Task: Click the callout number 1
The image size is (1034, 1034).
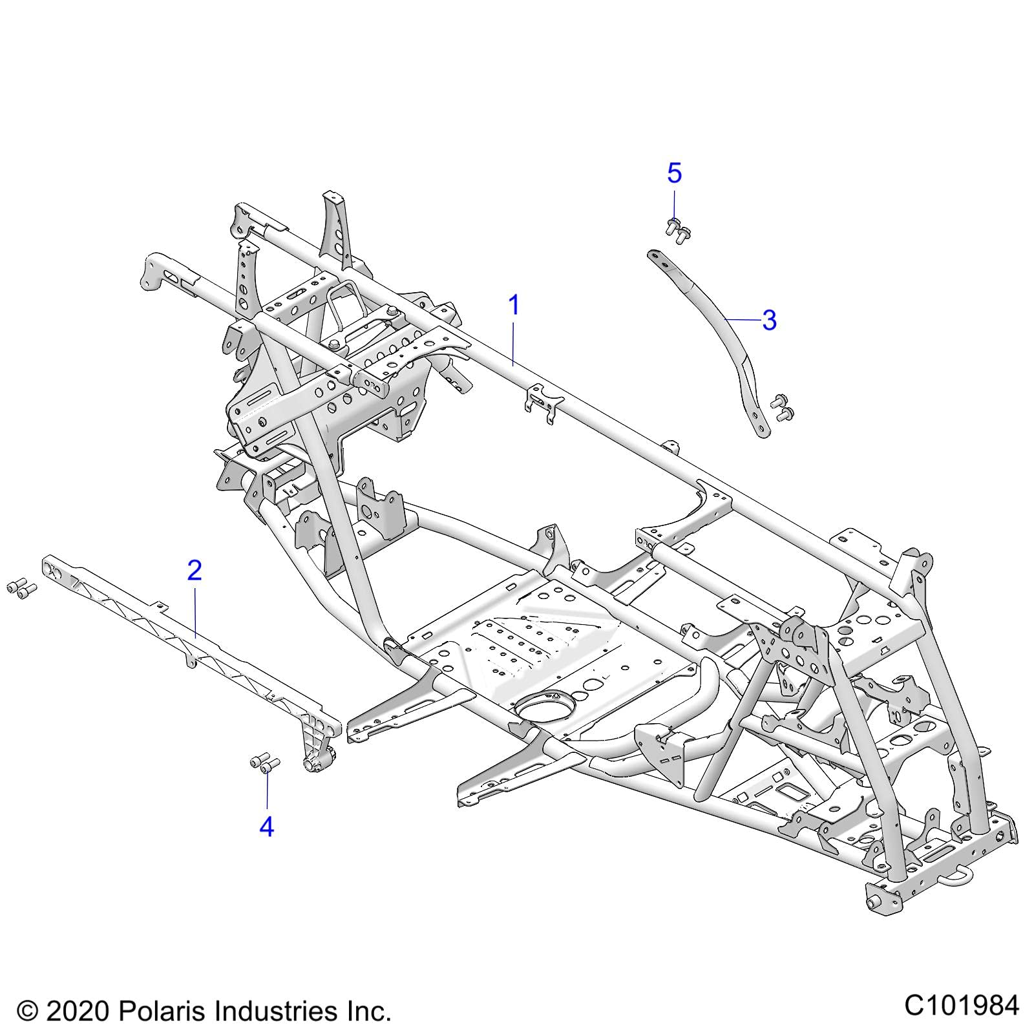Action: coord(514,305)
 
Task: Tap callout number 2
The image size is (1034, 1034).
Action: coord(194,571)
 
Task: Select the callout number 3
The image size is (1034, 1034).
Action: coord(768,320)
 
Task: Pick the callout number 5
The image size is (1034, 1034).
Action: coord(674,173)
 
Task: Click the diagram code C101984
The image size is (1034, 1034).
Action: coord(961,1006)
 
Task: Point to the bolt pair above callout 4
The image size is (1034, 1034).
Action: coord(264,764)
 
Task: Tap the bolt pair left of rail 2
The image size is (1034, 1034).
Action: coord(21,588)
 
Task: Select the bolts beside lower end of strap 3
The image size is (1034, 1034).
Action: coord(782,406)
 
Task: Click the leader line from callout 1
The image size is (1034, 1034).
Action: coord(514,343)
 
